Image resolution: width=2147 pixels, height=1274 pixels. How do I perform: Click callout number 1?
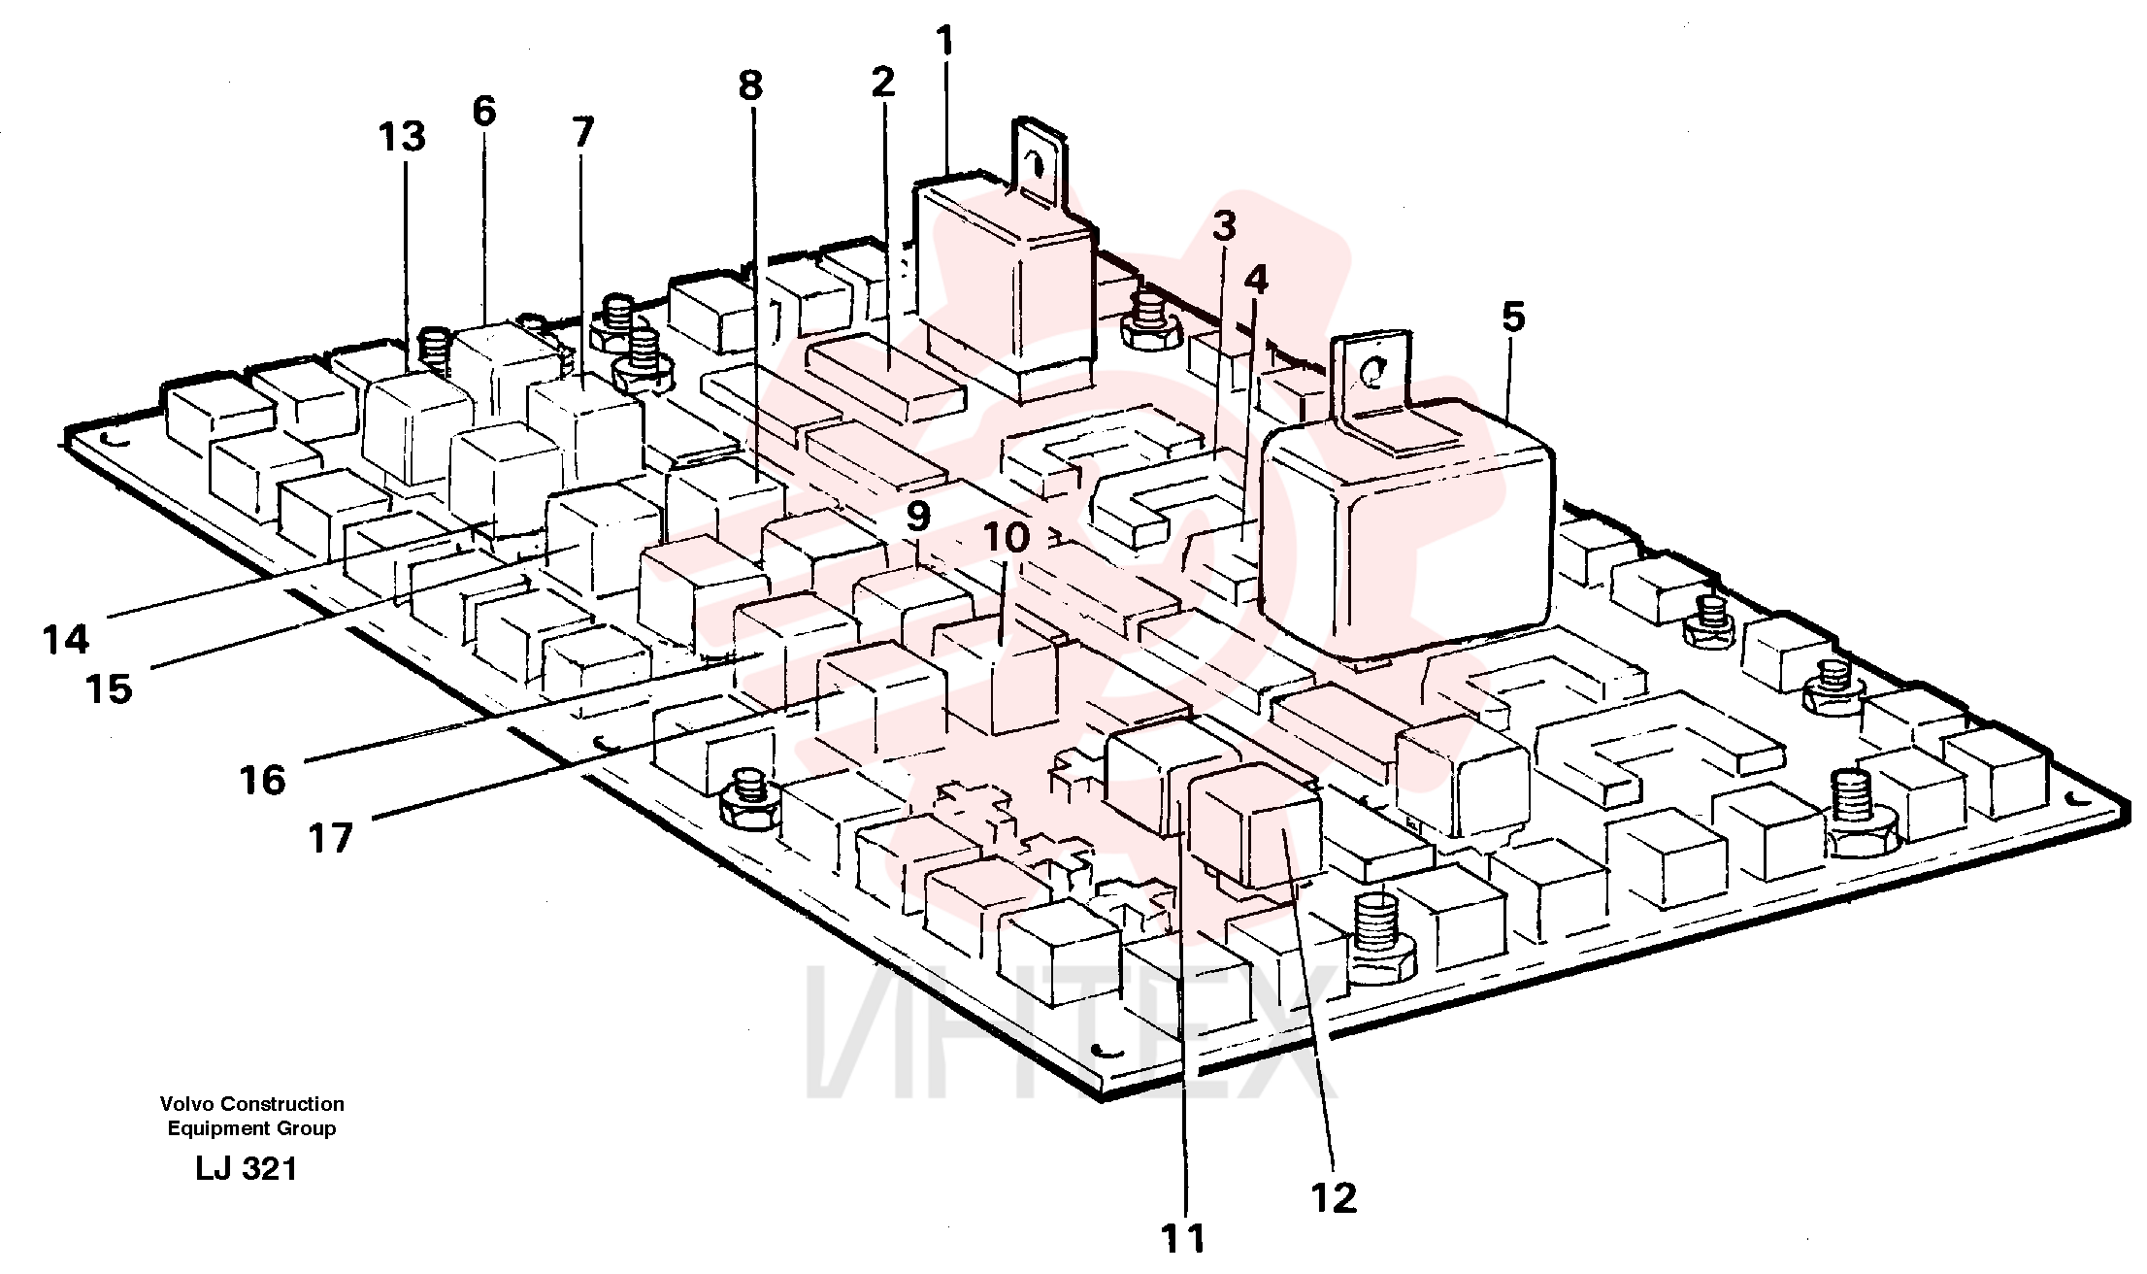(944, 42)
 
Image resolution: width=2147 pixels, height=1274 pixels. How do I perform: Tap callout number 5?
(1513, 318)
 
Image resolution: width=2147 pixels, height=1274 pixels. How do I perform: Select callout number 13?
(402, 137)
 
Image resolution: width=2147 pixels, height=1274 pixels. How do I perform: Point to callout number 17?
(330, 837)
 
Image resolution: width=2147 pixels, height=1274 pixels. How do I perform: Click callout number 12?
(1334, 1199)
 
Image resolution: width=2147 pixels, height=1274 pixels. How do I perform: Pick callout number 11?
(1183, 1239)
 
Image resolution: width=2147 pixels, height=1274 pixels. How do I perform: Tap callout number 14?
(66, 640)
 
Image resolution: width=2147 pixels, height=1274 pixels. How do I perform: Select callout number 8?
(750, 86)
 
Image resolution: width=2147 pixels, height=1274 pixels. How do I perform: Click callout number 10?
(1007, 538)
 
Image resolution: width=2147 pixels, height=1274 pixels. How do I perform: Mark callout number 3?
(1224, 227)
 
